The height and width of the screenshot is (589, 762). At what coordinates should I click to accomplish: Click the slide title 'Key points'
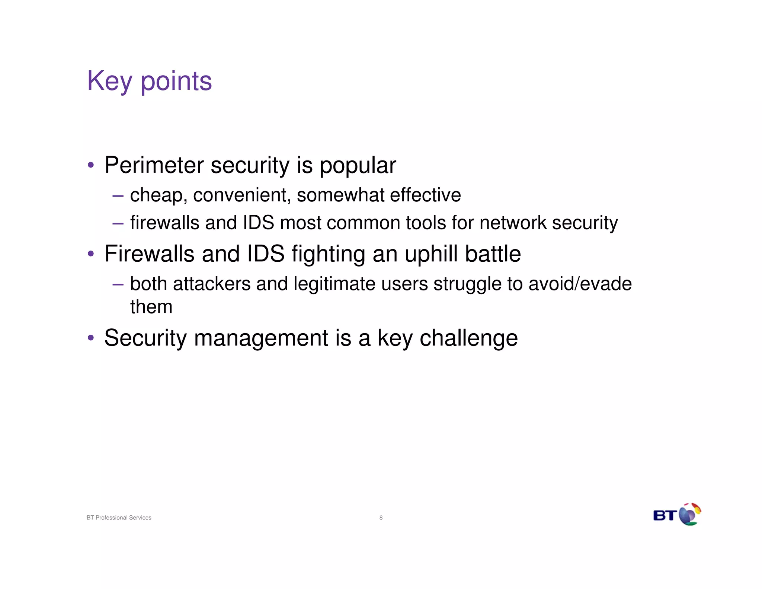pyautogui.click(x=149, y=81)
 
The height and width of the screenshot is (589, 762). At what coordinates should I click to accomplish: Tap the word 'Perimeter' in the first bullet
pyautogui.click(x=154, y=165)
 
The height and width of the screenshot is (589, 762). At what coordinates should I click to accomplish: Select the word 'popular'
pyautogui.click(x=358, y=166)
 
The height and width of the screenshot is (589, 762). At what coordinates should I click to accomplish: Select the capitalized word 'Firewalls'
pyautogui.click(x=149, y=254)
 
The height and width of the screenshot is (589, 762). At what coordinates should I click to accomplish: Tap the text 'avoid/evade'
pyautogui.click(x=580, y=284)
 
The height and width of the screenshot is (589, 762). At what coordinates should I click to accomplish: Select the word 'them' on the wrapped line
pyautogui.click(x=151, y=307)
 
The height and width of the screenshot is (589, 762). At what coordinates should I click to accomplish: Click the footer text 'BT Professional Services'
pyautogui.click(x=119, y=518)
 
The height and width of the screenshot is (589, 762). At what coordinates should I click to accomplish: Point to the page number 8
pyautogui.click(x=381, y=518)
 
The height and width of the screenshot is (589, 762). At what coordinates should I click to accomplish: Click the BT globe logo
pyautogui.click(x=689, y=515)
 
